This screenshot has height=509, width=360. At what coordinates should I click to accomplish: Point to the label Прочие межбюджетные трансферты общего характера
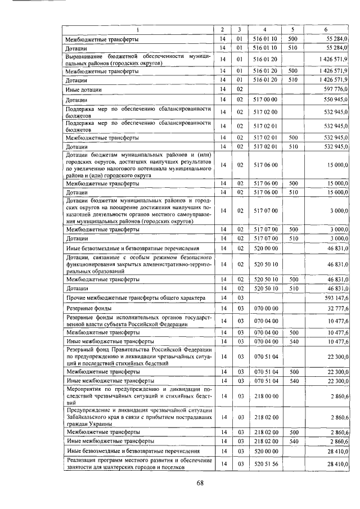(x=136, y=298)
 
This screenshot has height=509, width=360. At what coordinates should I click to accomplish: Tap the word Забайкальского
(x=88, y=417)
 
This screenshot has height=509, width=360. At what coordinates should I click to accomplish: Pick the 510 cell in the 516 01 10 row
(x=292, y=49)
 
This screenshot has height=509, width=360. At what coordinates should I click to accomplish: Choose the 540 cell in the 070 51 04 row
(x=292, y=381)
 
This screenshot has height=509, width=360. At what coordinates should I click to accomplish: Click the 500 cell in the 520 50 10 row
(x=292, y=279)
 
